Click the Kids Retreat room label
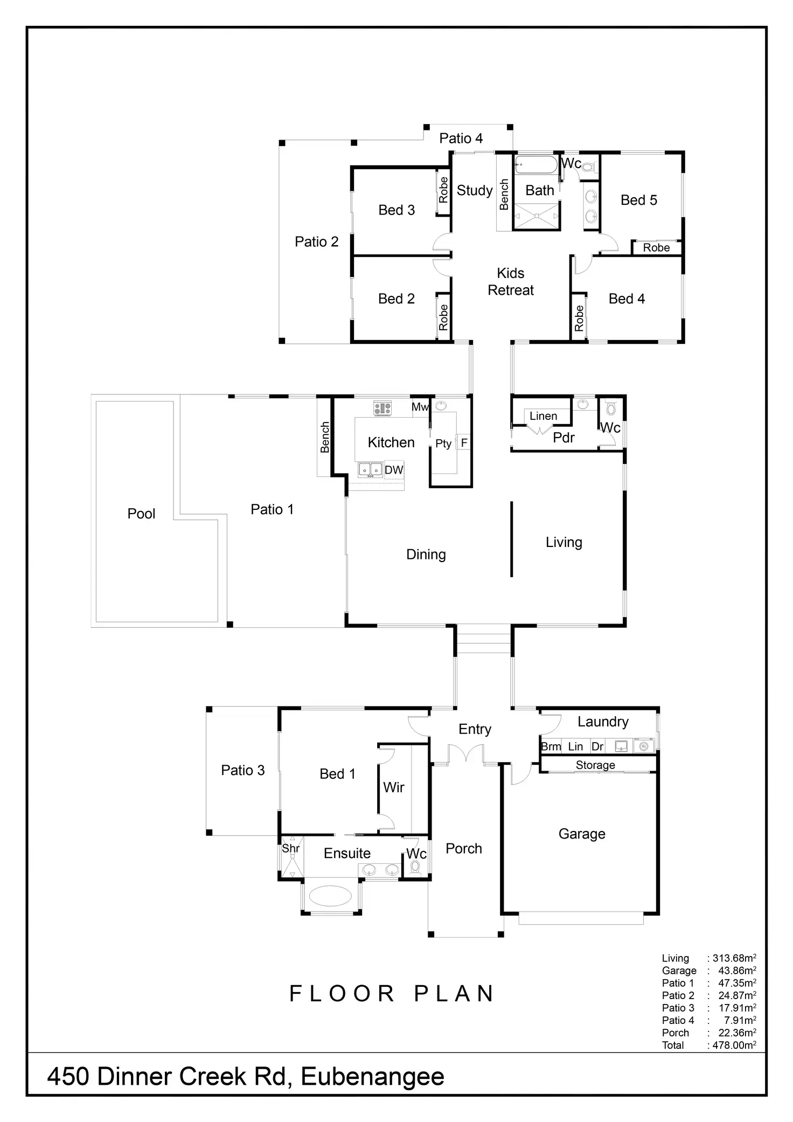(x=510, y=281)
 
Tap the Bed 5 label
(x=638, y=200)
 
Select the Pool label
(x=141, y=514)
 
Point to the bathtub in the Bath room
(x=536, y=165)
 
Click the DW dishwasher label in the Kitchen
(x=394, y=470)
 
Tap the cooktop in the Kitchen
(x=382, y=408)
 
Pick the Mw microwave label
(x=420, y=407)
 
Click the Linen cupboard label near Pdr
(x=543, y=416)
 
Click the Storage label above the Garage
(x=595, y=765)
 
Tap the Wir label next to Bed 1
(x=393, y=787)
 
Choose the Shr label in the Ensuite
(x=291, y=848)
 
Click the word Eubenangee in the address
(x=372, y=1076)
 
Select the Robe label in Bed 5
(x=656, y=247)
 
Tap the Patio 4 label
(x=461, y=138)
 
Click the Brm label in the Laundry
(x=551, y=746)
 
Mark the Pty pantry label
(x=443, y=444)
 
